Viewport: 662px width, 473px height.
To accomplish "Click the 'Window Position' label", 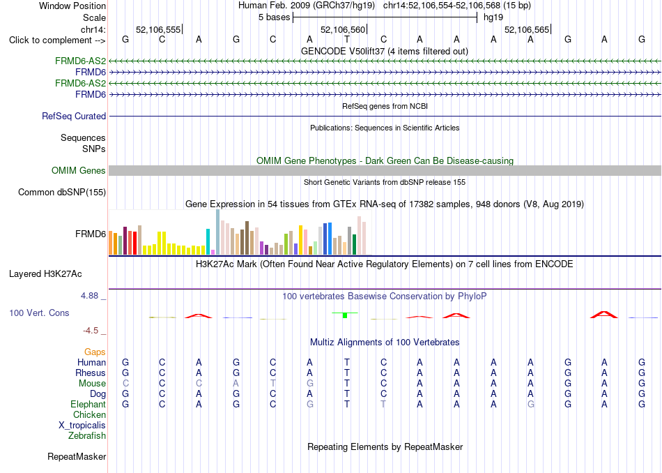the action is [72, 6].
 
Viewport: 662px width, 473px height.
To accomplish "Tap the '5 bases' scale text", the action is [275, 17].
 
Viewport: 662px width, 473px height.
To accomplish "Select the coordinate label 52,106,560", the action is [342, 29].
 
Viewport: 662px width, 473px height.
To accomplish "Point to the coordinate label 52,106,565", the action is [527, 29].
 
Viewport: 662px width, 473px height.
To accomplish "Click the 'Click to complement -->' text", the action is [57, 40].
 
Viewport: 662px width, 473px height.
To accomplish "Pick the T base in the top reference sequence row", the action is [346, 39].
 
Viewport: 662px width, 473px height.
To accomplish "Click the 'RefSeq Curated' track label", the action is [74, 116].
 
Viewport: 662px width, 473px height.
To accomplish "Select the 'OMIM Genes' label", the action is [79, 170].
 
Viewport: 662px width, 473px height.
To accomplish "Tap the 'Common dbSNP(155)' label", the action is [62, 192].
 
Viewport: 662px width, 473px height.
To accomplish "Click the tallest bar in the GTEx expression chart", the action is [218, 232].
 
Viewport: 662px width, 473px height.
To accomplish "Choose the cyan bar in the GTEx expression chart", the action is [208, 242].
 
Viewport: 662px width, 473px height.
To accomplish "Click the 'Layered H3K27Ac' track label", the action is [45, 274].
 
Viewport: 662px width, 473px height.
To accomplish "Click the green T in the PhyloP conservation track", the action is [345, 315].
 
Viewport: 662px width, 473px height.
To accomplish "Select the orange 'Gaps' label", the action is [95, 352].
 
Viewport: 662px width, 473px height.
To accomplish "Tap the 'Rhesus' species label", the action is [91, 373].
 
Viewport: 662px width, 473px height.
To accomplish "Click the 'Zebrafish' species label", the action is [87, 435].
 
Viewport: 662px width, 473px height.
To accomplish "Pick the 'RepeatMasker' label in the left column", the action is [77, 456].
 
